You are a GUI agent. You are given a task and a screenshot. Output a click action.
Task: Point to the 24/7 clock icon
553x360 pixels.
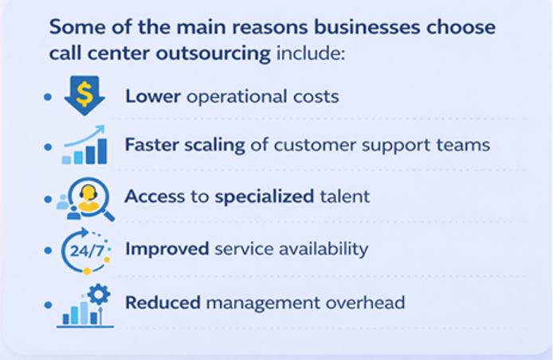84,249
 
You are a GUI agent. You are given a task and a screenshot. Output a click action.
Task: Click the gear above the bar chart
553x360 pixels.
98,295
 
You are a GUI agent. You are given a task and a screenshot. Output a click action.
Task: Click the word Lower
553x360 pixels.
153,96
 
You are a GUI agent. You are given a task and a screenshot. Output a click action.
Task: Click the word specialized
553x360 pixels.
265,197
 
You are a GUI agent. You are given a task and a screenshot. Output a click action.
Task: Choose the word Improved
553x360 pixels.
167,248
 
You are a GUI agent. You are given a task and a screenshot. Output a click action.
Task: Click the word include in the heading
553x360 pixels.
312,56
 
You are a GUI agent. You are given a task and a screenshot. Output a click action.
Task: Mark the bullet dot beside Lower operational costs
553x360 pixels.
48,97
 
